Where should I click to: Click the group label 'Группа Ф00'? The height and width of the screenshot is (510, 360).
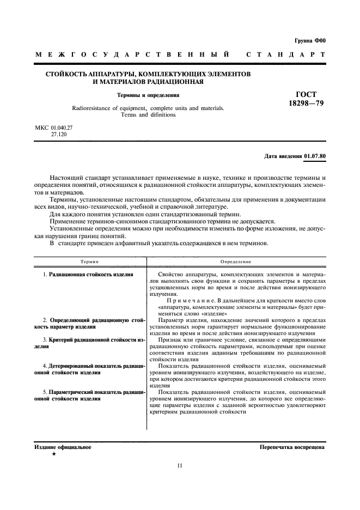pyautogui.click(x=309, y=41)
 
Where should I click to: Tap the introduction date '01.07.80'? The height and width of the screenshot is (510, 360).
pyautogui.click(x=314, y=156)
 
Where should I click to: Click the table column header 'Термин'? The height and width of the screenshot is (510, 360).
pyautogui.click(x=90, y=262)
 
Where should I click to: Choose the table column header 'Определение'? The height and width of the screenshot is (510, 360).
pyautogui.click(x=236, y=262)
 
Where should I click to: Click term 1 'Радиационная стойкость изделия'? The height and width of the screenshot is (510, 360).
pyautogui.click(x=91, y=275)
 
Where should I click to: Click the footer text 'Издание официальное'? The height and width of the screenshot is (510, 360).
pyautogui.click(x=63, y=447)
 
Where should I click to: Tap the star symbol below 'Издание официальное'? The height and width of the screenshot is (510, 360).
pyautogui.click(x=53, y=454)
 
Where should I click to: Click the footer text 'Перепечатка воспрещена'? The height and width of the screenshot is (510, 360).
pyautogui.click(x=292, y=447)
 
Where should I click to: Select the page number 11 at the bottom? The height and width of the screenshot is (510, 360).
pyautogui.click(x=180, y=465)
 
